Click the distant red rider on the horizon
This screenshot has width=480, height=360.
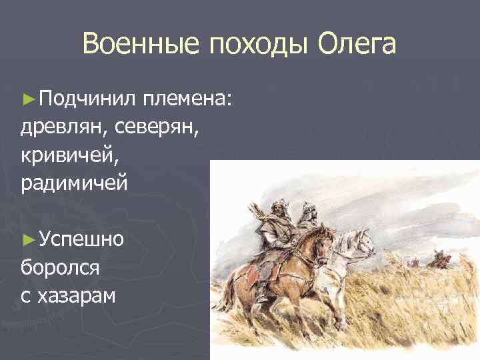point(439,259)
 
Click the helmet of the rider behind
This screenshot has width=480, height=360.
point(306,209)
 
